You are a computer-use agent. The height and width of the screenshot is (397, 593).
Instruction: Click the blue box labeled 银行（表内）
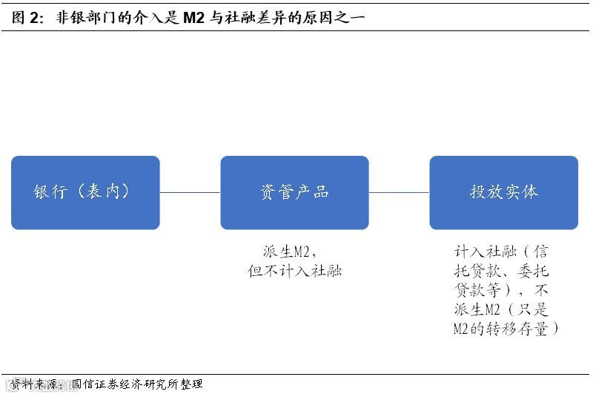coord(85,192)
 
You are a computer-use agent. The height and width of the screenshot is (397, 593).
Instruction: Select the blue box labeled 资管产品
coord(294,192)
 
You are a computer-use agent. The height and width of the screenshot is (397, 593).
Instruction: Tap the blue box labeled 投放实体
coord(503,192)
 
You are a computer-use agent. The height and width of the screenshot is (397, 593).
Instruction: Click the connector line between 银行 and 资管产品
coord(190,192)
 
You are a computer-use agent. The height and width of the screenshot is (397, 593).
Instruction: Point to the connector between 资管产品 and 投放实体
coord(399,192)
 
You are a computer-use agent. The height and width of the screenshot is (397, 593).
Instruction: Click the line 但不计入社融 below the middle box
coord(294,271)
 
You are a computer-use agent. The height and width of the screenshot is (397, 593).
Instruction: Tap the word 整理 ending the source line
coord(191,384)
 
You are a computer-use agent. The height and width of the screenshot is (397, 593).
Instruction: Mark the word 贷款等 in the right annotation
coord(480,290)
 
